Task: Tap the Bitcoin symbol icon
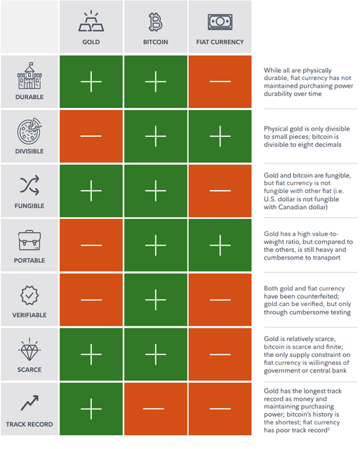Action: tap(156, 22)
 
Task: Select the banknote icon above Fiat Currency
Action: tap(220, 22)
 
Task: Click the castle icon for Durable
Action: tap(29, 76)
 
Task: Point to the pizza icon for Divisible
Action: tap(29, 130)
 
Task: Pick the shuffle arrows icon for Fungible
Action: tap(29, 185)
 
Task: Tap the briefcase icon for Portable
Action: tap(29, 240)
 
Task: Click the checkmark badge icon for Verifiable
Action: tap(29, 295)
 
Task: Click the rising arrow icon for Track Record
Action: tap(29, 403)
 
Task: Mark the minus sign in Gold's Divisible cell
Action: tap(91, 136)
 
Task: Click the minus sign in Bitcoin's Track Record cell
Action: tap(154, 408)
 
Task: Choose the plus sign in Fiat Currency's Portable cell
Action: tap(220, 246)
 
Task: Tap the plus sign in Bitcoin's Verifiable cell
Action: tap(156, 300)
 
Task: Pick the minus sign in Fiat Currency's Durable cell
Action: tap(220, 81)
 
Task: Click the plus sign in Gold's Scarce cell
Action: tap(91, 354)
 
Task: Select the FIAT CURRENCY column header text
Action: tap(220, 42)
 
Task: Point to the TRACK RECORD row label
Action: tap(29, 424)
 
